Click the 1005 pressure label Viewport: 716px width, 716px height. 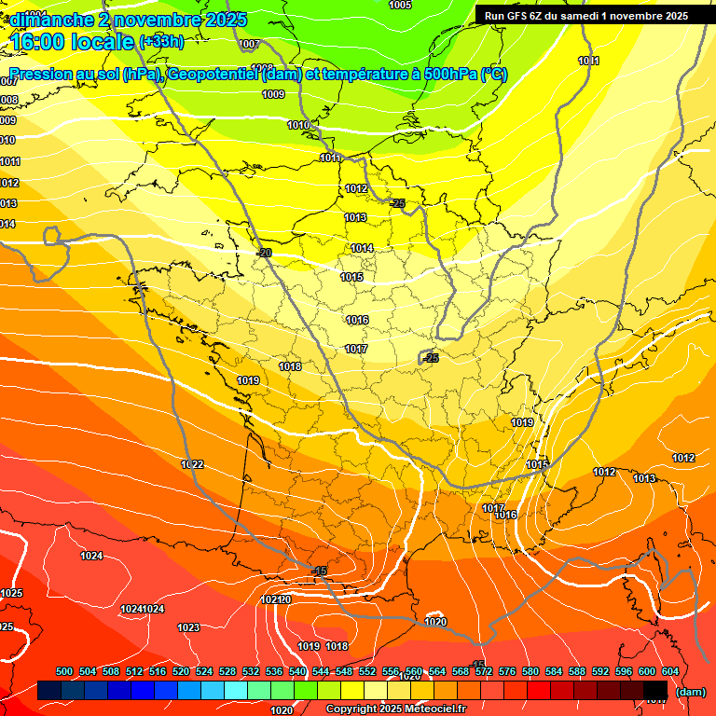(400, 5)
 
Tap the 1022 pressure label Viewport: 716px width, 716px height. (193, 464)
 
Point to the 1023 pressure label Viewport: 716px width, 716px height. (188, 627)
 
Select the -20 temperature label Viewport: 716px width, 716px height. (264, 253)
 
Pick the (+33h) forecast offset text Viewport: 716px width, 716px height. (160, 42)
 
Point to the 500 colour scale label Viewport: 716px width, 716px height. (64, 671)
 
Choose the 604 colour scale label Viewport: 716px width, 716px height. (669, 671)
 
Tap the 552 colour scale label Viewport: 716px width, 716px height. (367, 671)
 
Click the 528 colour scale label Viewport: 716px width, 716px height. (227, 671)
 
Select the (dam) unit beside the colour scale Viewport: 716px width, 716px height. (690, 692)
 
